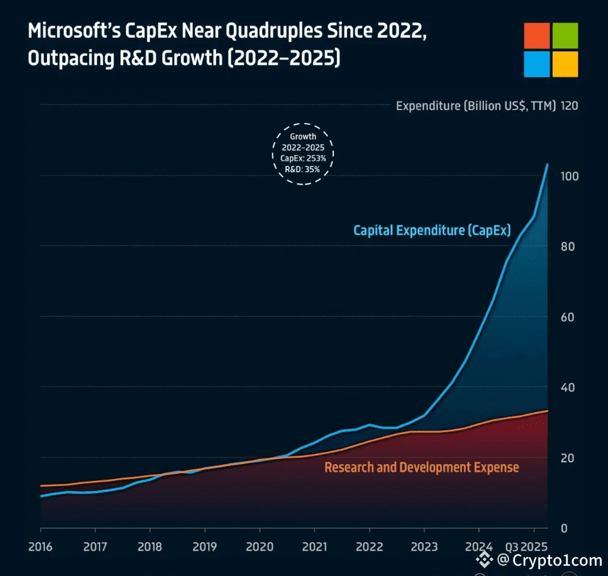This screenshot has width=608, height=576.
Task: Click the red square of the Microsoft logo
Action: coord(537,36)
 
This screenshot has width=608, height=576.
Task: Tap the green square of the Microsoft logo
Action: coord(566,36)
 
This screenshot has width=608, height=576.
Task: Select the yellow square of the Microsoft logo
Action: coord(566,64)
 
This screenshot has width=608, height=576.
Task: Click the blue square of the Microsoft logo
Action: coord(537,64)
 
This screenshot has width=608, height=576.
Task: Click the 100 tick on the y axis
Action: coord(569,176)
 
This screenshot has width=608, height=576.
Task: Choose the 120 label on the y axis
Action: coord(569,105)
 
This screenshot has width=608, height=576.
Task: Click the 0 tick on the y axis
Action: coord(564,528)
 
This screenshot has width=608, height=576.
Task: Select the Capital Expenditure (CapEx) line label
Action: coord(432,230)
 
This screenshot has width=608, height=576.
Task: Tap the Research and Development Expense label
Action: coord(421,467)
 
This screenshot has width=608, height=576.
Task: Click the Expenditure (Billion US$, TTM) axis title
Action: coord(476,105)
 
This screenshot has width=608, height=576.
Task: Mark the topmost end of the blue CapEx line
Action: coord(548,164)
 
